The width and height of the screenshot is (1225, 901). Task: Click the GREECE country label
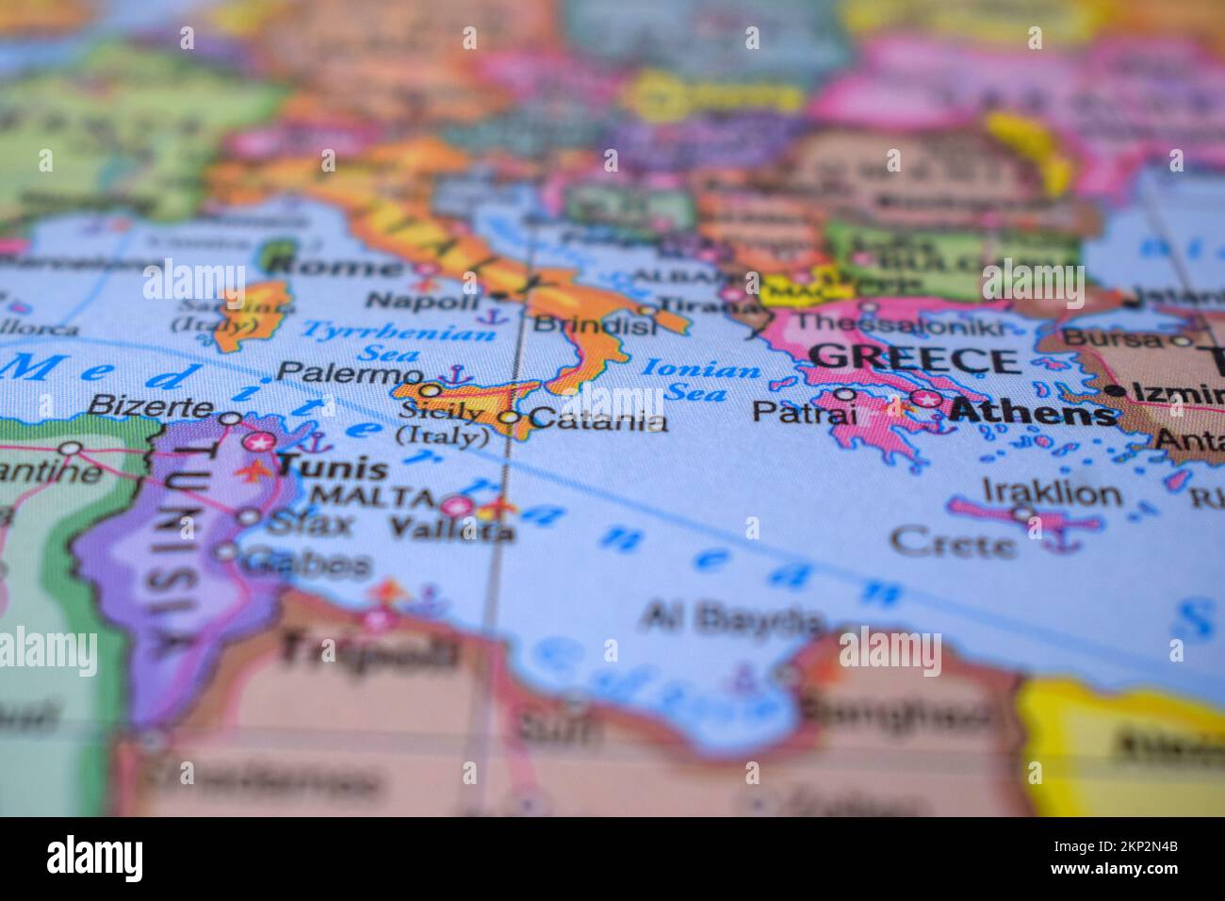click(915, 359)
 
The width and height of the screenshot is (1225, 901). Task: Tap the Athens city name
click(1032, 412)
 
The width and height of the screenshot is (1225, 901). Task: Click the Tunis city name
click(334, 467)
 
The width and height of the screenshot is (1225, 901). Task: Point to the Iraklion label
click(1052, 492)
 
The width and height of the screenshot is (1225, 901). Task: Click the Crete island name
click(953, 542)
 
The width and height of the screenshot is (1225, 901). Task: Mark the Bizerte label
click(150, 406)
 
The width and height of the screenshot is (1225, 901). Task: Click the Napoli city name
click(422, 301)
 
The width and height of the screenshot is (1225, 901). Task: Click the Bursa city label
click(1112, 337)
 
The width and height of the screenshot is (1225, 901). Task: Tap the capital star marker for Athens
click(927, 399)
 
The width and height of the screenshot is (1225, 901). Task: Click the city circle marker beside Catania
click(510, 417)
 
